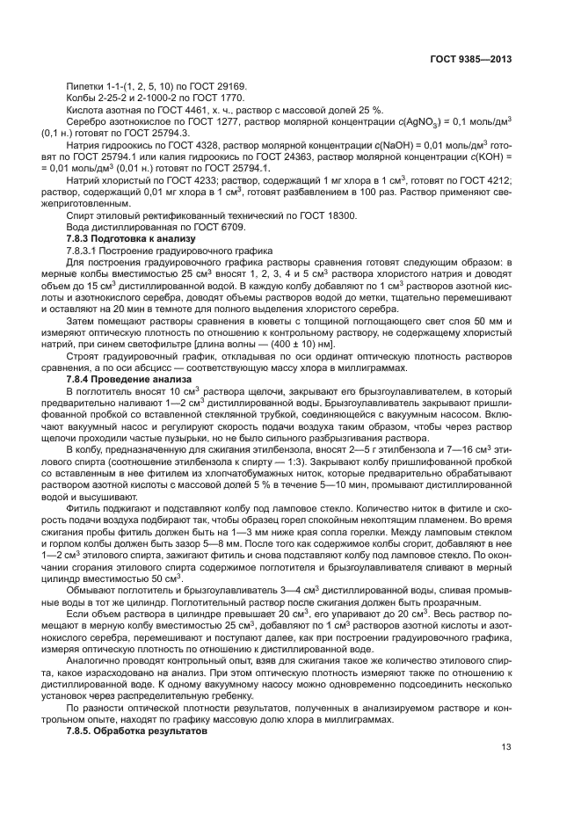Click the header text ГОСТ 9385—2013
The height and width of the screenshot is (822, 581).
[x=472, y=59]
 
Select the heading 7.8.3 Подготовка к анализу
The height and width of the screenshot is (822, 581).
[x=124, y=239]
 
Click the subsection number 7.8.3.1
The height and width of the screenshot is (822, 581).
[x=86, y=251]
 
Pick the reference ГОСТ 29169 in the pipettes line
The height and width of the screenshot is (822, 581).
[x=219, y=86]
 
